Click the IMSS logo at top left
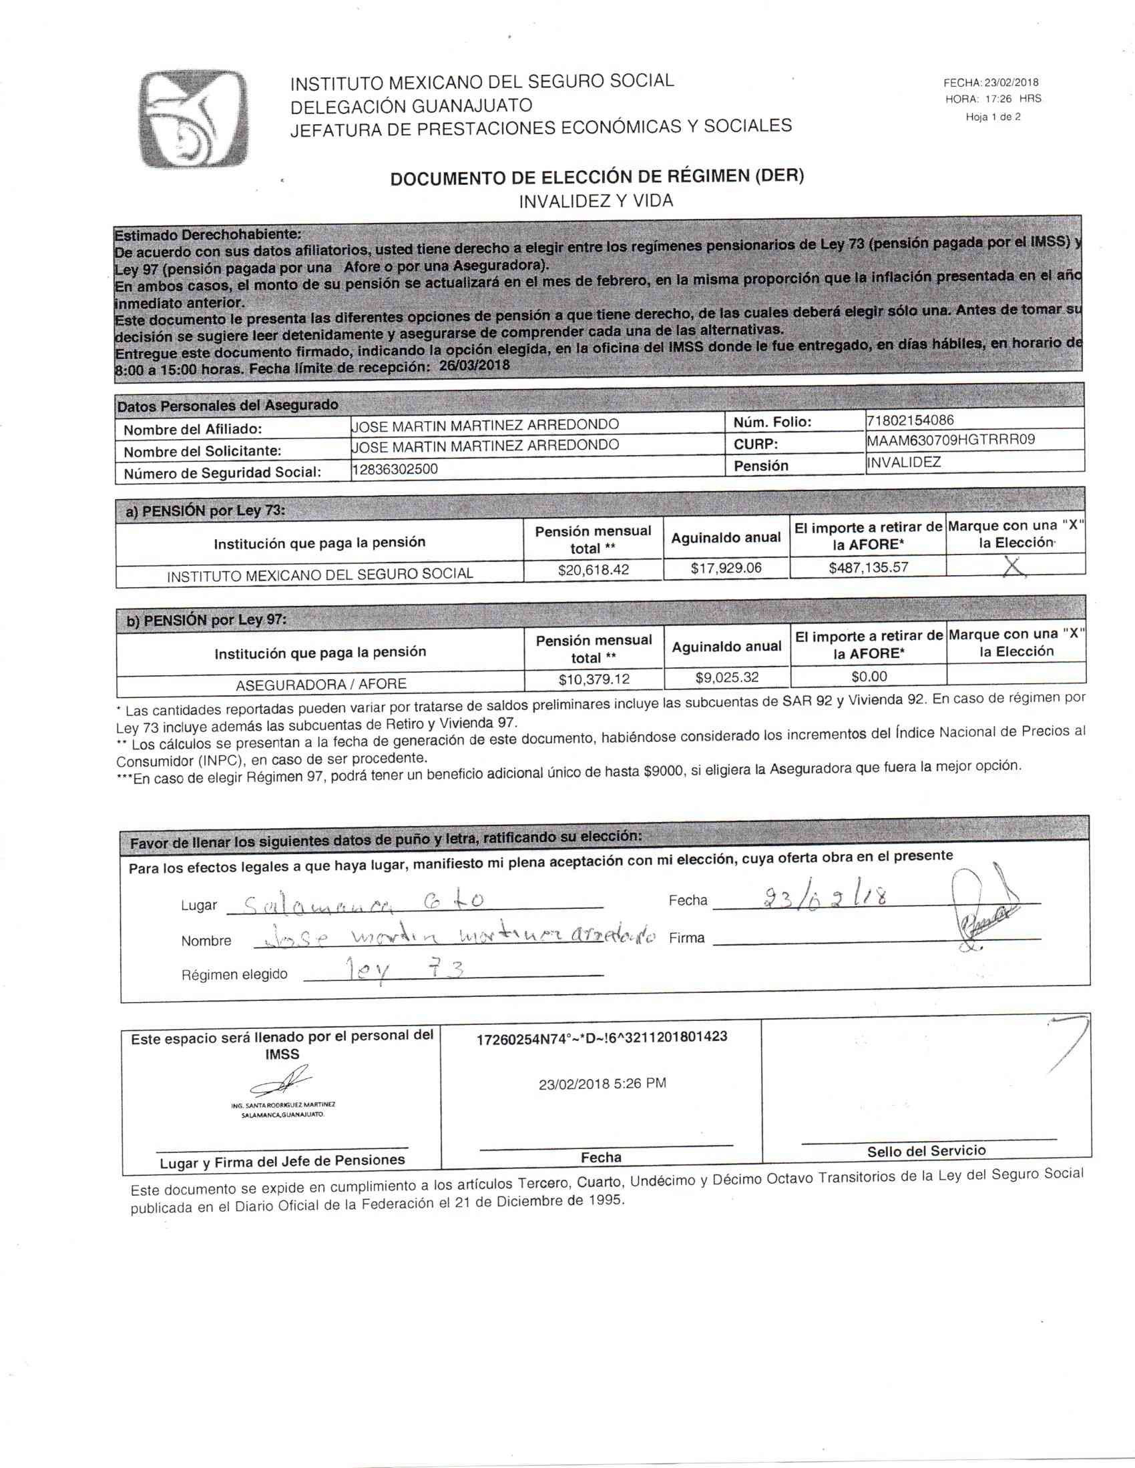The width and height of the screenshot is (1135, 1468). (194, 119)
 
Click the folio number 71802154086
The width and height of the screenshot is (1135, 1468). (911, 421)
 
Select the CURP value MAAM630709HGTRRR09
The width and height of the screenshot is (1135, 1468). (951, 440)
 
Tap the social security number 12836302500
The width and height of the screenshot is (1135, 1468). (395, 469)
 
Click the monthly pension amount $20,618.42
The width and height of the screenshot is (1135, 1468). (593, 570)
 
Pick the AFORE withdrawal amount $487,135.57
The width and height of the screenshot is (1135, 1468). (868, 567)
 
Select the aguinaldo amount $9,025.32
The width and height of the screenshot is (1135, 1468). (727, 677)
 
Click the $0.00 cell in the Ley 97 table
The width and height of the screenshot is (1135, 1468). (869, 676)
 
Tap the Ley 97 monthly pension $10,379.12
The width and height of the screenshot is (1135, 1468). (594, 679)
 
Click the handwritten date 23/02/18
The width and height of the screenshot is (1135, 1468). (823, 897)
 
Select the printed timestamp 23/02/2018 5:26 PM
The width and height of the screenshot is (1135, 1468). (602, 1084)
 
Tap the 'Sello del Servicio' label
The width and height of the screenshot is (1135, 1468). (926, 1151)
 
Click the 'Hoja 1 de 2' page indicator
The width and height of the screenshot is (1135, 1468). (993, 117)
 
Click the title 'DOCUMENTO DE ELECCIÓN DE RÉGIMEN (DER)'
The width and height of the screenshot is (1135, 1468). (597, 177)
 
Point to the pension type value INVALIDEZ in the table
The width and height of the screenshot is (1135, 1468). (905, 462)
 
